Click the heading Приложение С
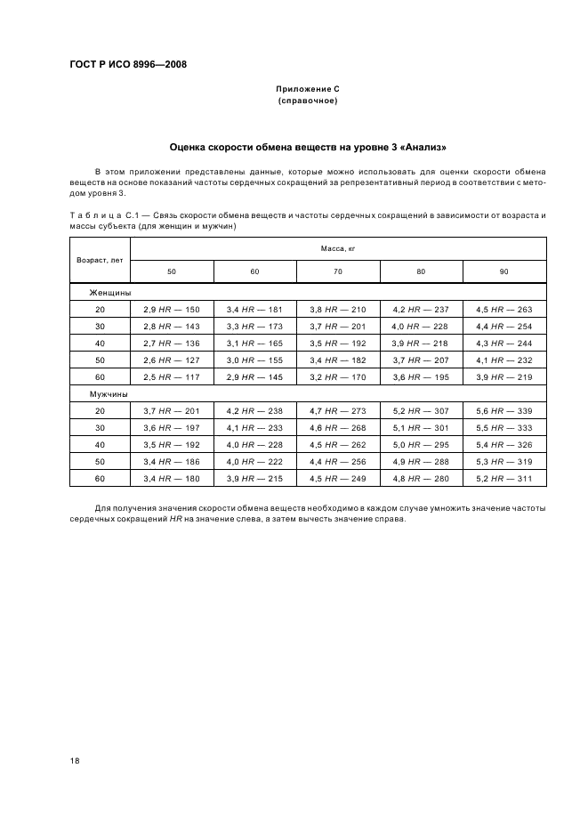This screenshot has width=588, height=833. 308,90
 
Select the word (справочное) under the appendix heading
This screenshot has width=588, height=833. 308,101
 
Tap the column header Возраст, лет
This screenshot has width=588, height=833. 100,260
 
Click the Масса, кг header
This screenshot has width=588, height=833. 338,249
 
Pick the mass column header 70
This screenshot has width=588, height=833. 338,271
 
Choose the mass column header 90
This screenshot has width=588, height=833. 504,271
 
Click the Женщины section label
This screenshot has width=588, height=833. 109,292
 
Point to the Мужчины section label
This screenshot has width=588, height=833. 108,393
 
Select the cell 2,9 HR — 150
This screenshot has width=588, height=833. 172,309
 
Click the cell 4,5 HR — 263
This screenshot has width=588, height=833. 504,309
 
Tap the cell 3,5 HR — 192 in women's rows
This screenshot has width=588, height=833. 338,343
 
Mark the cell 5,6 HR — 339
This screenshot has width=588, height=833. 504,410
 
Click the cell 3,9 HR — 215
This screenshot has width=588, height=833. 254,479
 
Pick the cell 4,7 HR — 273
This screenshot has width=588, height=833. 338,410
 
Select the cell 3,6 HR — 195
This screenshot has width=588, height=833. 422,376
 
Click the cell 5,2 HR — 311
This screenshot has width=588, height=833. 504,479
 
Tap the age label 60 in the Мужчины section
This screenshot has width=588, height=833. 100,479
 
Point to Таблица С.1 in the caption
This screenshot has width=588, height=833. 101,216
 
